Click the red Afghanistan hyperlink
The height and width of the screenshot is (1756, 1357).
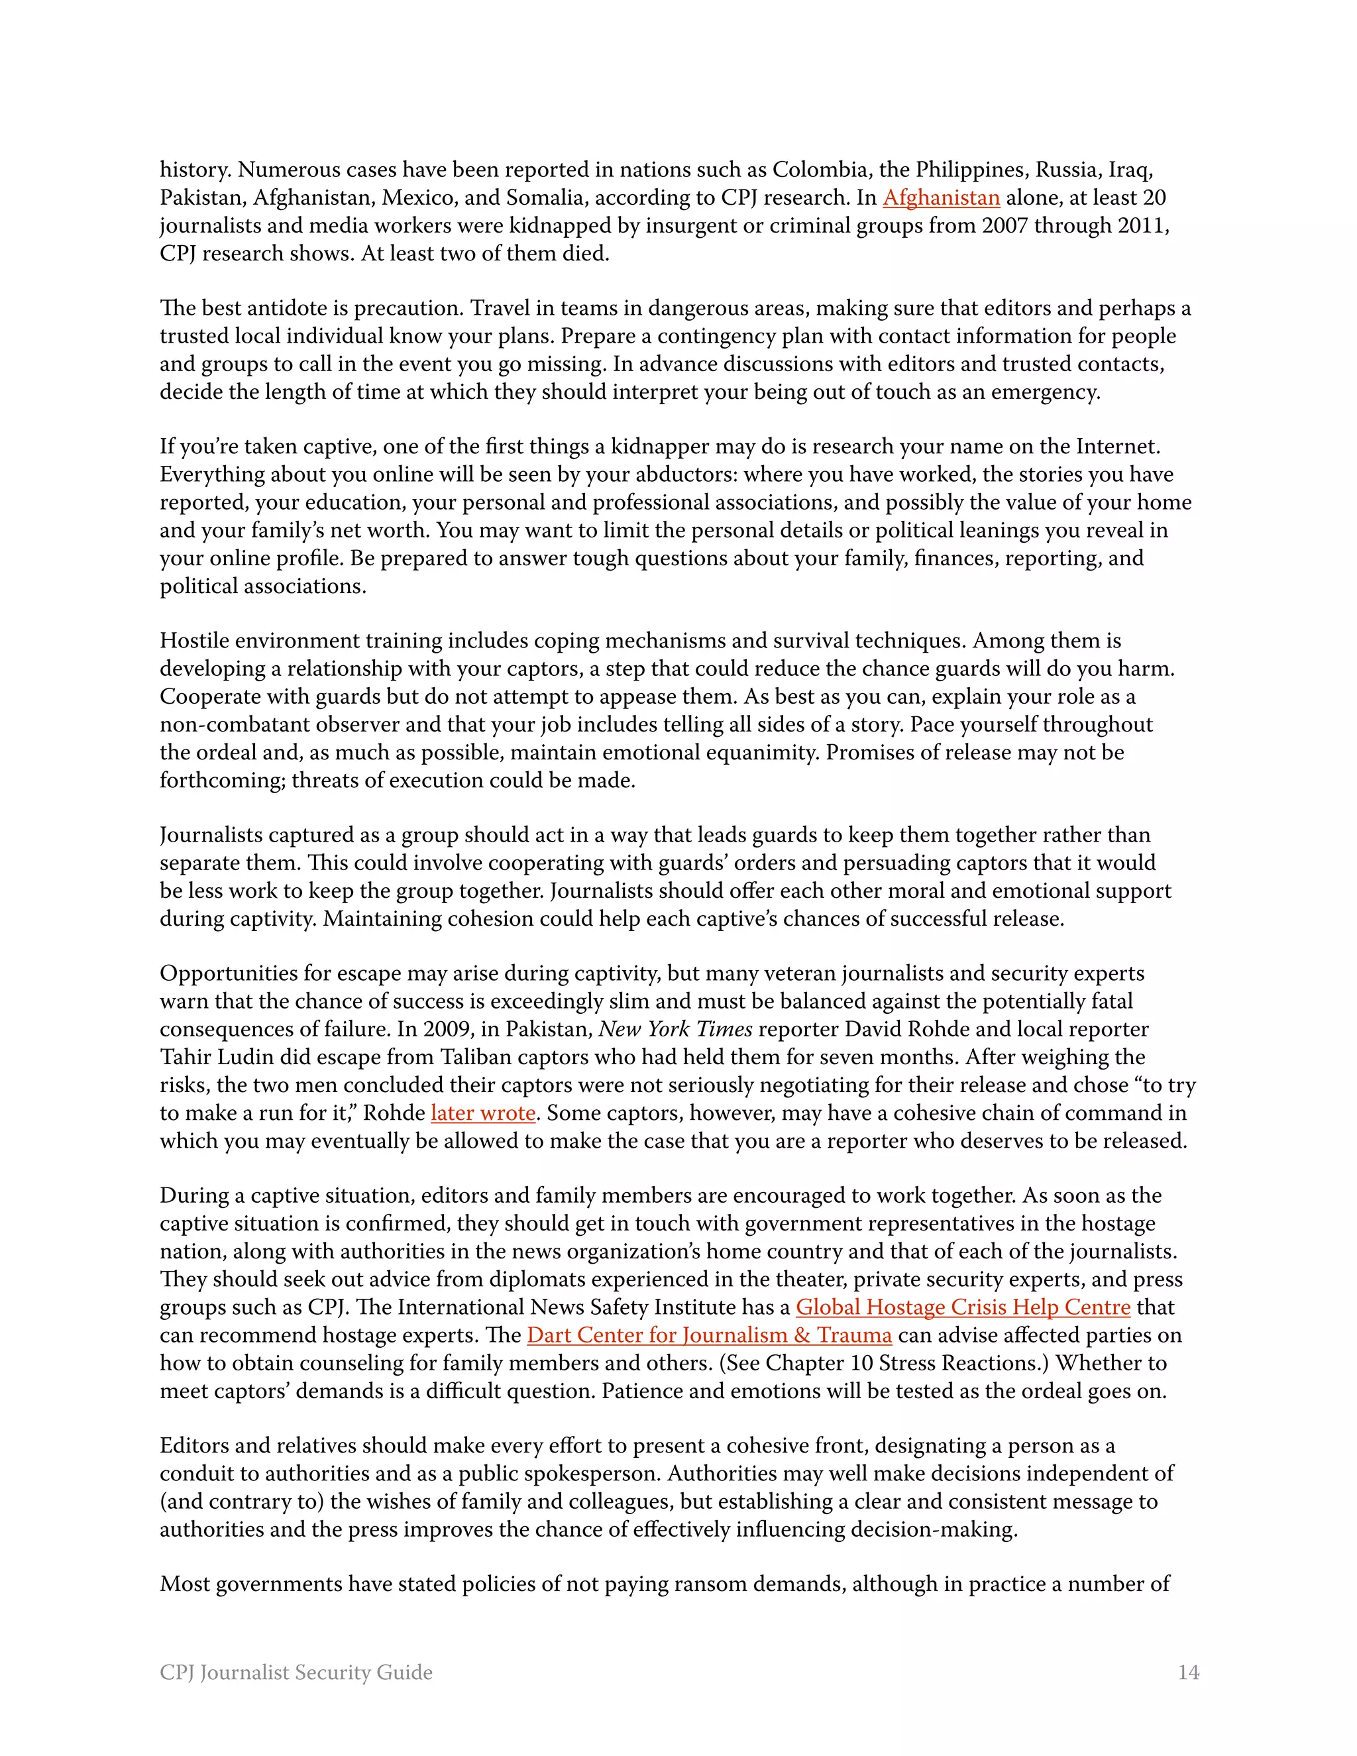tap(941, 197)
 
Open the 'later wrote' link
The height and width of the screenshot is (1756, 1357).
tap(482, 1113)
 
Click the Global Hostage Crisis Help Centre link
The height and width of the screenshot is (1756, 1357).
tap(962, 1307)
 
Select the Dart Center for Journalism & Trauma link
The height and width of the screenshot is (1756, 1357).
tap(708, 1335)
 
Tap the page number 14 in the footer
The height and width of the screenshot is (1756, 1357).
tap(1188, 1673)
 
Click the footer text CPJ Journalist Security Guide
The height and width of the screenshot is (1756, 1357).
tap(296, 1673)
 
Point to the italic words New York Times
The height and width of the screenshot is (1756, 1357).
tap(675, 1029)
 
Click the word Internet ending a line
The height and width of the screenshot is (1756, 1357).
tap(1117, 447)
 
